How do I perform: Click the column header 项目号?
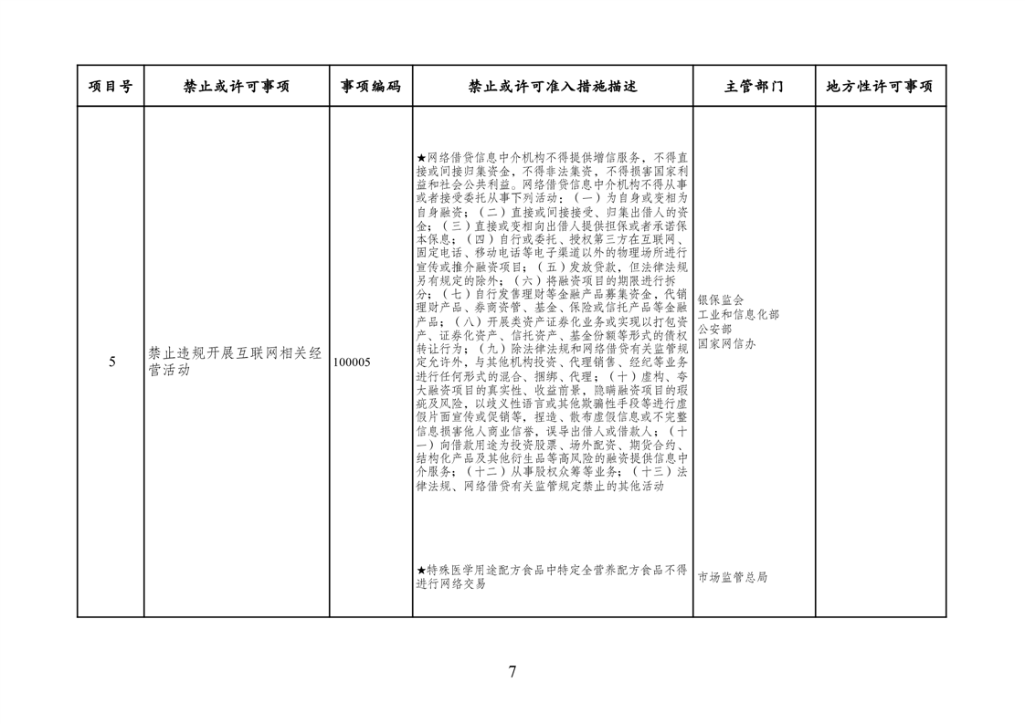click(111, 87)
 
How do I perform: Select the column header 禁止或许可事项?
click(236, 87)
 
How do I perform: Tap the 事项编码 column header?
click(370, 87)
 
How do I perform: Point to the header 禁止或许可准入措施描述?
click(552, 87)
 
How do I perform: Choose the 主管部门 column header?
click(754, 87)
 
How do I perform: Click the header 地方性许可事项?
click(880, 87)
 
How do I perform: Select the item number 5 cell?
click(112, 362)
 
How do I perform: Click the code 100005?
click(352, 362)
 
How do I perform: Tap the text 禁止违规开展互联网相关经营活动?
click(236, 362)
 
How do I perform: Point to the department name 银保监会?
click(721, 299)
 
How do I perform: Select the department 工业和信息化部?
click(738, 314)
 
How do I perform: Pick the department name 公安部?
click(714, 329)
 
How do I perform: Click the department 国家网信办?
click(726, 343)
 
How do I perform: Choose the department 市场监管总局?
click(733, 577)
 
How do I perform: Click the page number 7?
click(512, 672)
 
